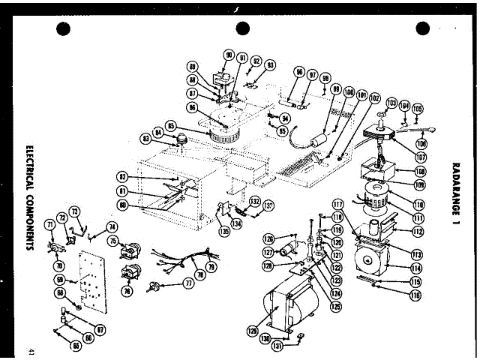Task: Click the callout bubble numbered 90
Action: [x=229, y=55]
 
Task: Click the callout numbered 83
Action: [x=145, y=139]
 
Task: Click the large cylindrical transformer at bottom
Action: [x=292, y=304]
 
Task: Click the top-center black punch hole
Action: [x=242, y=28]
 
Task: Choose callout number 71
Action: [x=50, y=224]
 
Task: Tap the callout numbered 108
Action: [x=420, y=171]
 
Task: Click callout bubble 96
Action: [x=300, y=73]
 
